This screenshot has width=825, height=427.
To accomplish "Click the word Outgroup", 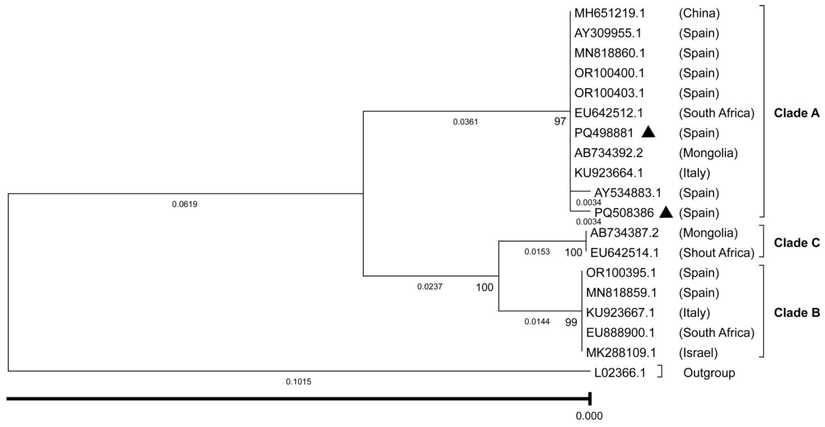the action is click(709, 373).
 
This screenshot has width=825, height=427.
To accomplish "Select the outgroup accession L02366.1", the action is click(620, 373).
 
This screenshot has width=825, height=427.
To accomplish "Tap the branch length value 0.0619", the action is click(185, 204).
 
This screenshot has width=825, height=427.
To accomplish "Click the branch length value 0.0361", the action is click(465, 122).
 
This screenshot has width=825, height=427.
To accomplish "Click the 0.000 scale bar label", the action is click(589, 416).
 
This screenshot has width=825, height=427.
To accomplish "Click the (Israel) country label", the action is click(698, 353).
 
